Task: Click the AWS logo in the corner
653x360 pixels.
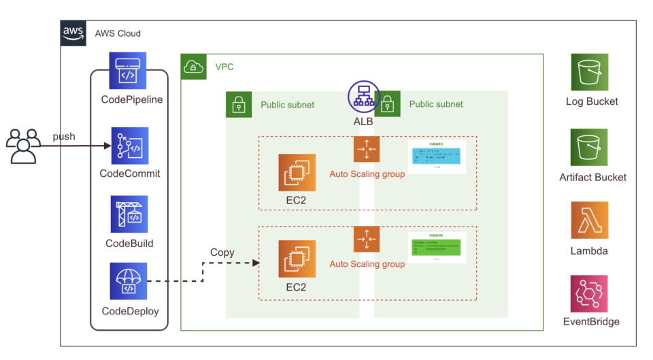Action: pos(73,33)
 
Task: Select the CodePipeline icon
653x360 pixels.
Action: pos(128,71)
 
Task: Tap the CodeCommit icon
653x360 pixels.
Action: pos(129,146)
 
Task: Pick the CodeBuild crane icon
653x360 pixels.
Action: pos(129,215)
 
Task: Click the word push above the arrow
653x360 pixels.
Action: pos(64,137)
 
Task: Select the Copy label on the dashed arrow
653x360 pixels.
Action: pos(222,252)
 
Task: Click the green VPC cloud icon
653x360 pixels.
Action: pos(194,67)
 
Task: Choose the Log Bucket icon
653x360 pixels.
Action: pos(590,71)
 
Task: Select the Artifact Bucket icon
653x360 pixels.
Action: pos(590,146)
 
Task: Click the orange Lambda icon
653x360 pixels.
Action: pos(590,220)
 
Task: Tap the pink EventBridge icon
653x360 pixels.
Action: pos(590,293)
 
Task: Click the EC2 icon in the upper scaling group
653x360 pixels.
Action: pos(297,172)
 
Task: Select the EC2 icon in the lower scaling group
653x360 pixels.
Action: pos(297,259)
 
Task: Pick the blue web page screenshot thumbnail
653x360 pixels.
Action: pos(437,157)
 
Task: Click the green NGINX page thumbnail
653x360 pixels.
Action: pos(437,248)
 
